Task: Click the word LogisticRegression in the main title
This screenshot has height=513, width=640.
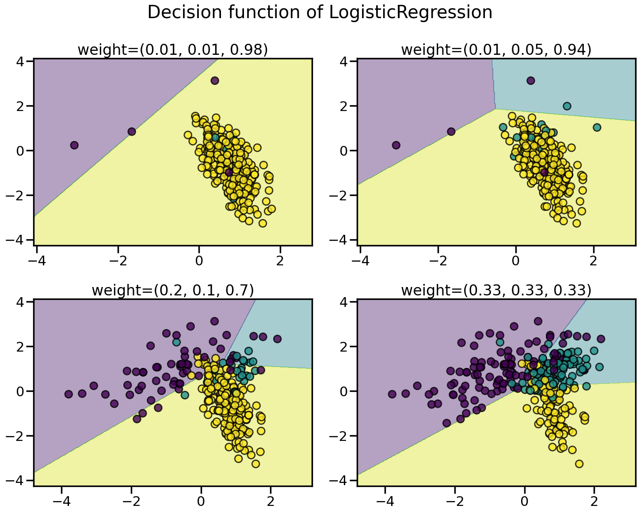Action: (x=411, y=12)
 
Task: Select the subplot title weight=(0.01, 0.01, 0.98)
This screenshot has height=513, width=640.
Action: (x=173, y=50)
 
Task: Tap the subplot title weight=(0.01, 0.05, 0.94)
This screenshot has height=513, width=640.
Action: (x=496, y=50)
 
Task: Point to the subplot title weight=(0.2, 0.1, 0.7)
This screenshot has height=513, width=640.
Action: (x=173, y=291)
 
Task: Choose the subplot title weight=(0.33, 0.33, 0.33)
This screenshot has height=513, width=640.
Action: (x=496, y=291)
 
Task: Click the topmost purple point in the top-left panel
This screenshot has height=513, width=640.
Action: (x=215, y=80)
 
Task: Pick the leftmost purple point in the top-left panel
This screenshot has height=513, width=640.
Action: (x=74, y=145)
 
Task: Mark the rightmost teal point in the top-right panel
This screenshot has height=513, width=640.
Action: (x=597, y=127)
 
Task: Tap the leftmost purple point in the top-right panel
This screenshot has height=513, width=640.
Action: (x=396, y=145)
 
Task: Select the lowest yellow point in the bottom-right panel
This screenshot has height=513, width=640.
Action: (x=579, y=464)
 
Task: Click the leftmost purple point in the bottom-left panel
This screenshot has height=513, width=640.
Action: (x=69, y=394)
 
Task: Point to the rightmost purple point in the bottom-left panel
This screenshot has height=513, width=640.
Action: (x=277, y=339)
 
